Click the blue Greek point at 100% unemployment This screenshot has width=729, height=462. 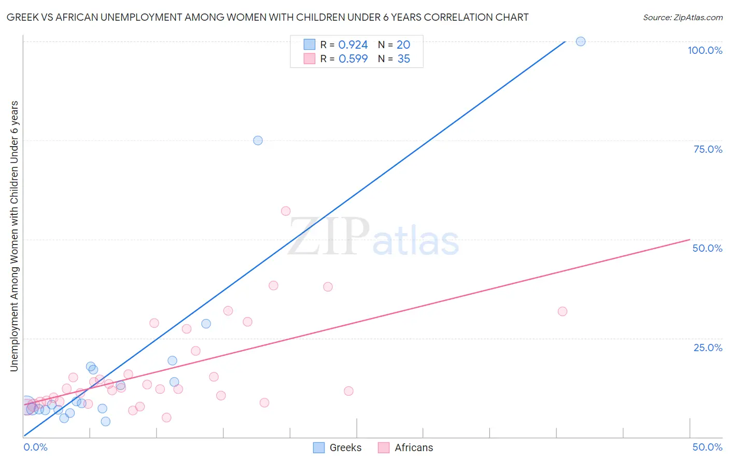[581, 41]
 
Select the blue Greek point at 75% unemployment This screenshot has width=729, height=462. [258, 140]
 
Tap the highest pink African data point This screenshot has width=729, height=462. [286, 211]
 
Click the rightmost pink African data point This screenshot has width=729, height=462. [563, 311]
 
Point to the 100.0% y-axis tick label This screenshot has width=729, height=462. [705, 50]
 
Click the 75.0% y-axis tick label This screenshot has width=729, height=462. [708, 149]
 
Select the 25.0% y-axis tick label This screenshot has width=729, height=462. [708, 348]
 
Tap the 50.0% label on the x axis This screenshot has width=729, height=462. [707, 447]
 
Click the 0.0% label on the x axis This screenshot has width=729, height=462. [35, 447]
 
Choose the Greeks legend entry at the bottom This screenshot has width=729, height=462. [338, 447]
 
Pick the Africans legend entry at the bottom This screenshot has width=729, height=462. [405, 447]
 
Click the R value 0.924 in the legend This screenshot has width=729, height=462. [353, 45]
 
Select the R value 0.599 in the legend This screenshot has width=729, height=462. [353, 59]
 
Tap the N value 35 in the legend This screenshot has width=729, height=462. [403, 59]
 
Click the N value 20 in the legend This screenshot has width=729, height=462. [403, 45]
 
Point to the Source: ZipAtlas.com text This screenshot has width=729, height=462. [682, 17]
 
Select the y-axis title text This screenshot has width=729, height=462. [14, 236]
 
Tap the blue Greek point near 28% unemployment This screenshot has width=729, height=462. [206, 324]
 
